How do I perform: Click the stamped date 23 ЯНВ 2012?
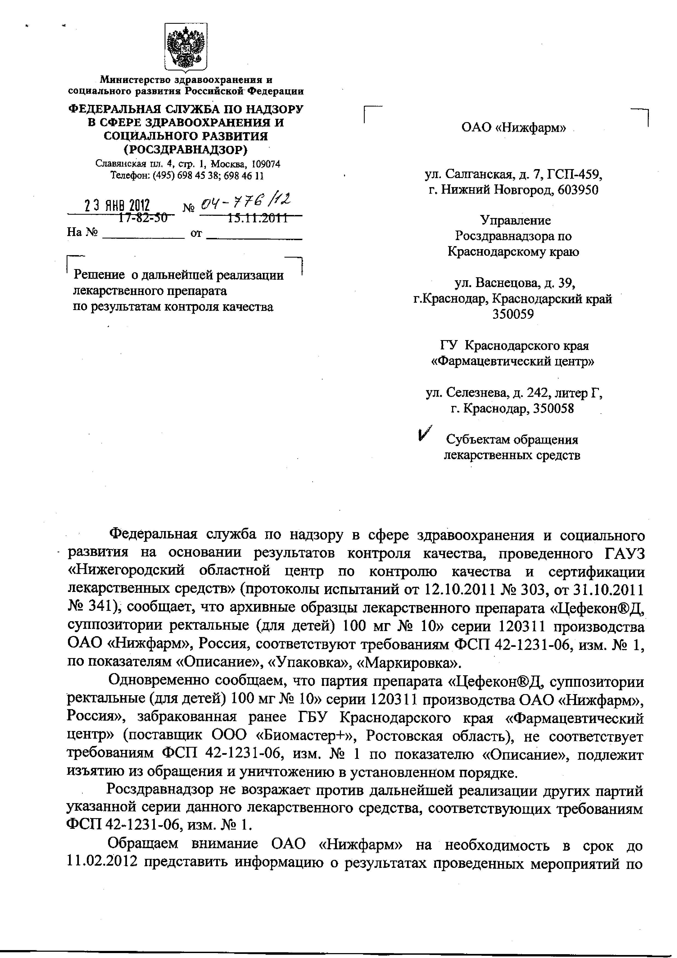click(118, 206)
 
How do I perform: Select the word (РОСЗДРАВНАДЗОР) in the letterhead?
click(186, 149)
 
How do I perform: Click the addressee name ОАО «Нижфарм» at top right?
click(513, 127)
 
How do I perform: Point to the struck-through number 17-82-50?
click(143, 217)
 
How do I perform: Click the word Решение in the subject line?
click(99, 275)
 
